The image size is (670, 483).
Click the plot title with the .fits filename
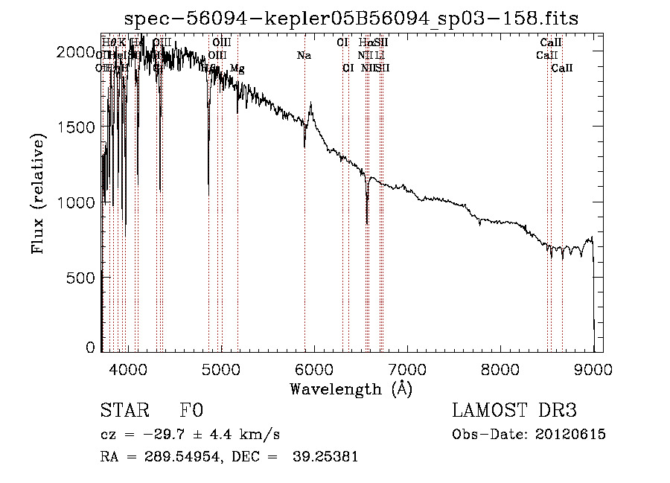point(351,17)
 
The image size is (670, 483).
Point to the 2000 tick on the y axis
point(77,52)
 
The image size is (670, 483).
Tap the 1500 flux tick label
point(77,127)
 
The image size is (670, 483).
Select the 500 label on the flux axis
point(82,278)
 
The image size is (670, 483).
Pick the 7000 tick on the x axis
point(407,368)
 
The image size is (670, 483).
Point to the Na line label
point(304,55)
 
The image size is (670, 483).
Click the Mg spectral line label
point(237,68)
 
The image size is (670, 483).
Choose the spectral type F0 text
point(191,411)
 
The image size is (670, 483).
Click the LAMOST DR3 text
point(514,411)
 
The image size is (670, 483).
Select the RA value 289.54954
point(176,457)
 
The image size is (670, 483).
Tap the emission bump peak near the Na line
point(310,104)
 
